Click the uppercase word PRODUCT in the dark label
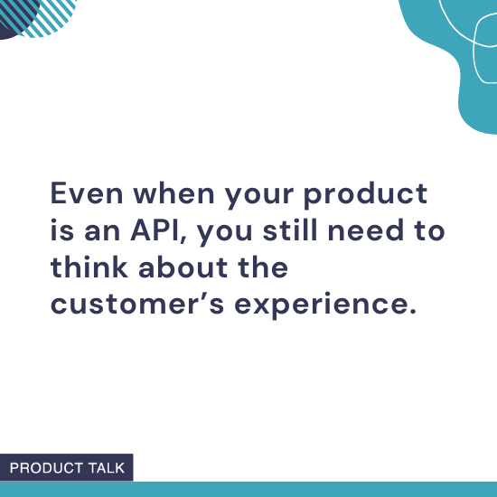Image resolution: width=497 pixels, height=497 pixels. [x=44, y=468]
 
